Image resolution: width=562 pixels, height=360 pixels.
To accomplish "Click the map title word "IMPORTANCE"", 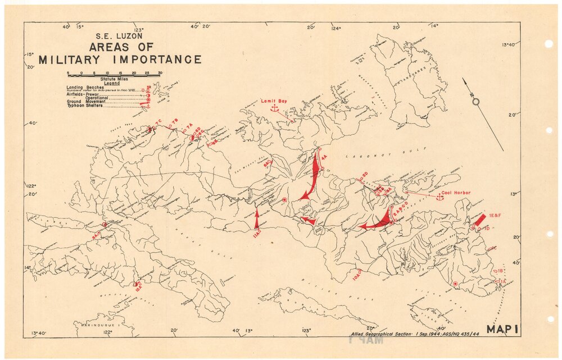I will coord(152,60).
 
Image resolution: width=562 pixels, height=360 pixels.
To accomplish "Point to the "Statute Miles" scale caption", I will coord(112,79).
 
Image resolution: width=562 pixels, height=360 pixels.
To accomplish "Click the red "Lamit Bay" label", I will coord(274,101).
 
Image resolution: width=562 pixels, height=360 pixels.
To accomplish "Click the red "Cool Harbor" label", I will coord(455,192).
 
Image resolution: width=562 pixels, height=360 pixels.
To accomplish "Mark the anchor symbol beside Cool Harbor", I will coord(440,197).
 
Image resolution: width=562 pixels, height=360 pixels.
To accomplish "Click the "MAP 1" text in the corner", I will coord(505,330).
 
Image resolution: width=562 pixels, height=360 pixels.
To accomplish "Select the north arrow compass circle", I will coord(475,102).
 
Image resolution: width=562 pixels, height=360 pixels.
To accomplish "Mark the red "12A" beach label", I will coord(138,286).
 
